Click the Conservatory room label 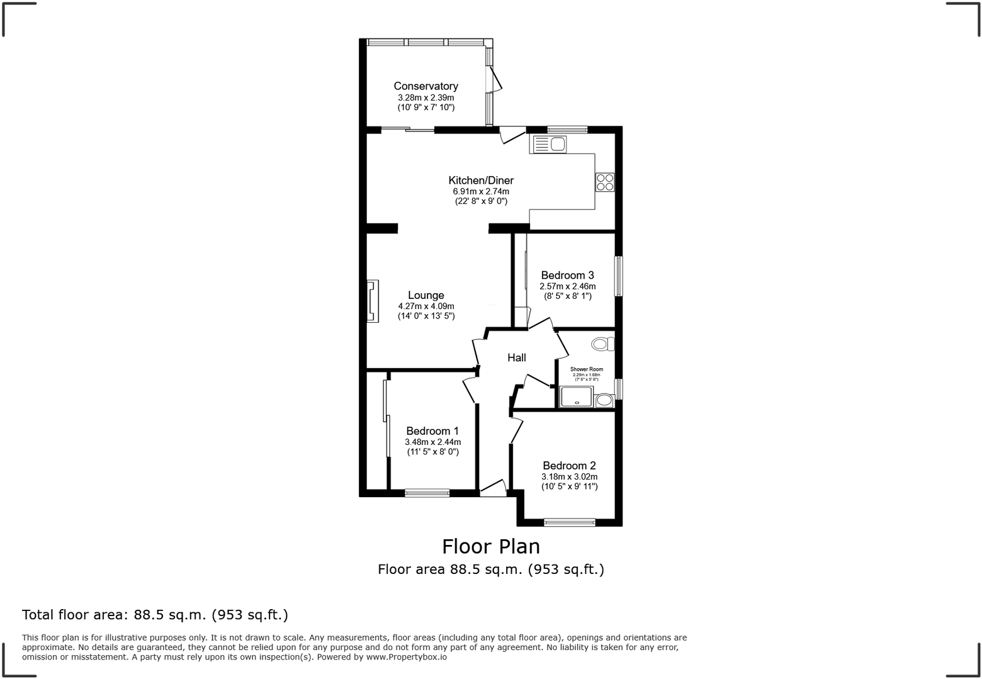[x=426, y=86]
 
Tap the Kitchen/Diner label [x=481, y=181]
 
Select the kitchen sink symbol [x=550, y=145]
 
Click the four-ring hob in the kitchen [x=605, y=182]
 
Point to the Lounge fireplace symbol [x=373, y=301]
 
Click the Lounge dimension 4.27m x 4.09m [x=426, y=306]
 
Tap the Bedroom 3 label [x=567, y=275]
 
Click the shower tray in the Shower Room [x=576, y=397]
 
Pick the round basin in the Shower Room [x=604, y=400]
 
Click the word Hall [x=517, y=357]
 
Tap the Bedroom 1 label [x=432, y=431]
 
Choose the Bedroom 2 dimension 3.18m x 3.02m [x=570, y=477]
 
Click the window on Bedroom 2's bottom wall [x=570, y=522]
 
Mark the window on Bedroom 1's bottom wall [x=427, y=493]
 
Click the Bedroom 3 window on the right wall [x=619, y=276]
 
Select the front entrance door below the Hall [x=493, y=490]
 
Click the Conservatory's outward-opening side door [x=494, y=80]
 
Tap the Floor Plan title [x=491, y=546]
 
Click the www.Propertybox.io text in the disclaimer [x=407, y=657]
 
